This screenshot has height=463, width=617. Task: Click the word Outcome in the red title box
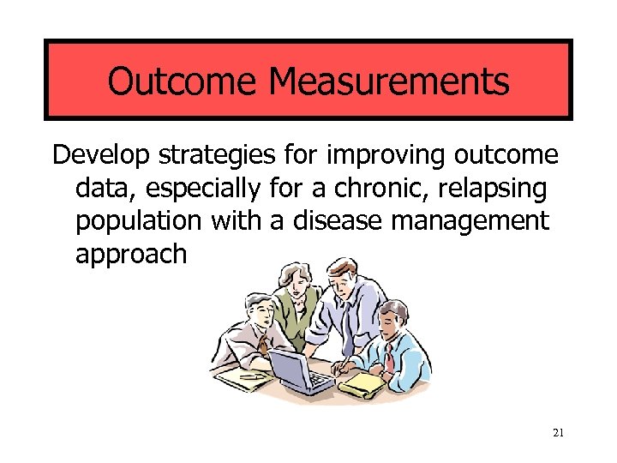tap(183, 81)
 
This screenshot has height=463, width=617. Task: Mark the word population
tap(136, 221)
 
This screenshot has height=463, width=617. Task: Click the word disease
tap(333, 220)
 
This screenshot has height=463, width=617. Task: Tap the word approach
tap(130, 254)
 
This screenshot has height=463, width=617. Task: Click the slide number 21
tap(558, 433)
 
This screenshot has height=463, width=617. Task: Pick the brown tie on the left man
tap(261, 343)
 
